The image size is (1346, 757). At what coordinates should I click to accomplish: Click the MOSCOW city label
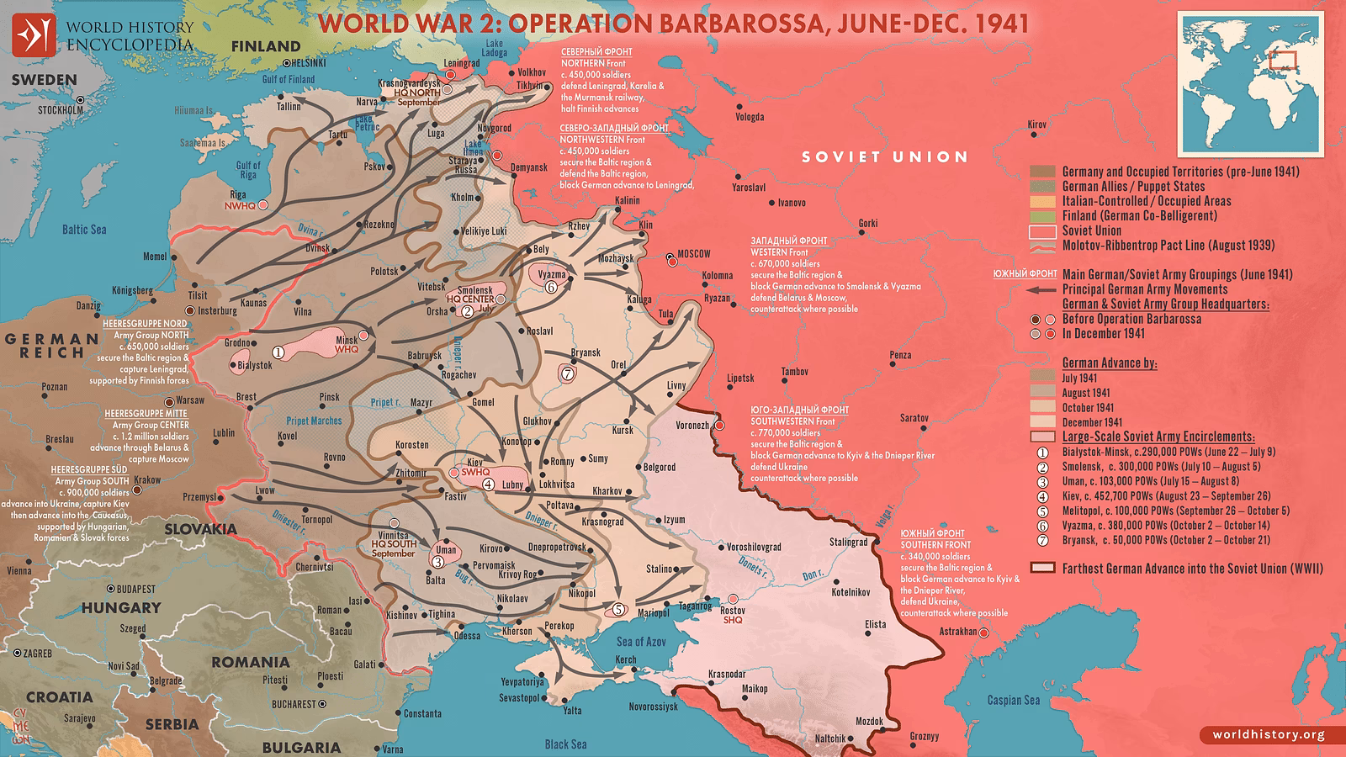coord(694,254)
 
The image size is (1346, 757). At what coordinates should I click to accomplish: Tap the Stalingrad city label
coord(848,542)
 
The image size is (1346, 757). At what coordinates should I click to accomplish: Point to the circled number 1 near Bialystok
coord(278,352)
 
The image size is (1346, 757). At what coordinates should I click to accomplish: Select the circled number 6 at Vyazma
coord(551,287)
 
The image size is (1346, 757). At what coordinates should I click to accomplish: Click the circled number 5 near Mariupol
coord(619,609)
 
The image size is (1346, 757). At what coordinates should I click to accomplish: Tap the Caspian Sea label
coord(1013,700)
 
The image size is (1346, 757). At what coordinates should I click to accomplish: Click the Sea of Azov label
coord(641,641)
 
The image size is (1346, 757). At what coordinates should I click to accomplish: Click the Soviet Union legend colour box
coord(1042,231)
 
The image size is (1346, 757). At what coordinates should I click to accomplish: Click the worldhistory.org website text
coord(1268,734)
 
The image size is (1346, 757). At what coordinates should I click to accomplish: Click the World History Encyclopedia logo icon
coord(33,34)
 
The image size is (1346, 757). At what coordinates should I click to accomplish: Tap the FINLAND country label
coord(265,46)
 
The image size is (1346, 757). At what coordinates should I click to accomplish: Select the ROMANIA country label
coord(250,662)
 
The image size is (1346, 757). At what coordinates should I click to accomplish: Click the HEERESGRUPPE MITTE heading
coord(146,414)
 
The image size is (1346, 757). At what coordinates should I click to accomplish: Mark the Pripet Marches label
coord(314,421)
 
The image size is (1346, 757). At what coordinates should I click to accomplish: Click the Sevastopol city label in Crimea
coord(519,698)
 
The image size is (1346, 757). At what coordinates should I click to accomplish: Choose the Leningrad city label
coord(462,63)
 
